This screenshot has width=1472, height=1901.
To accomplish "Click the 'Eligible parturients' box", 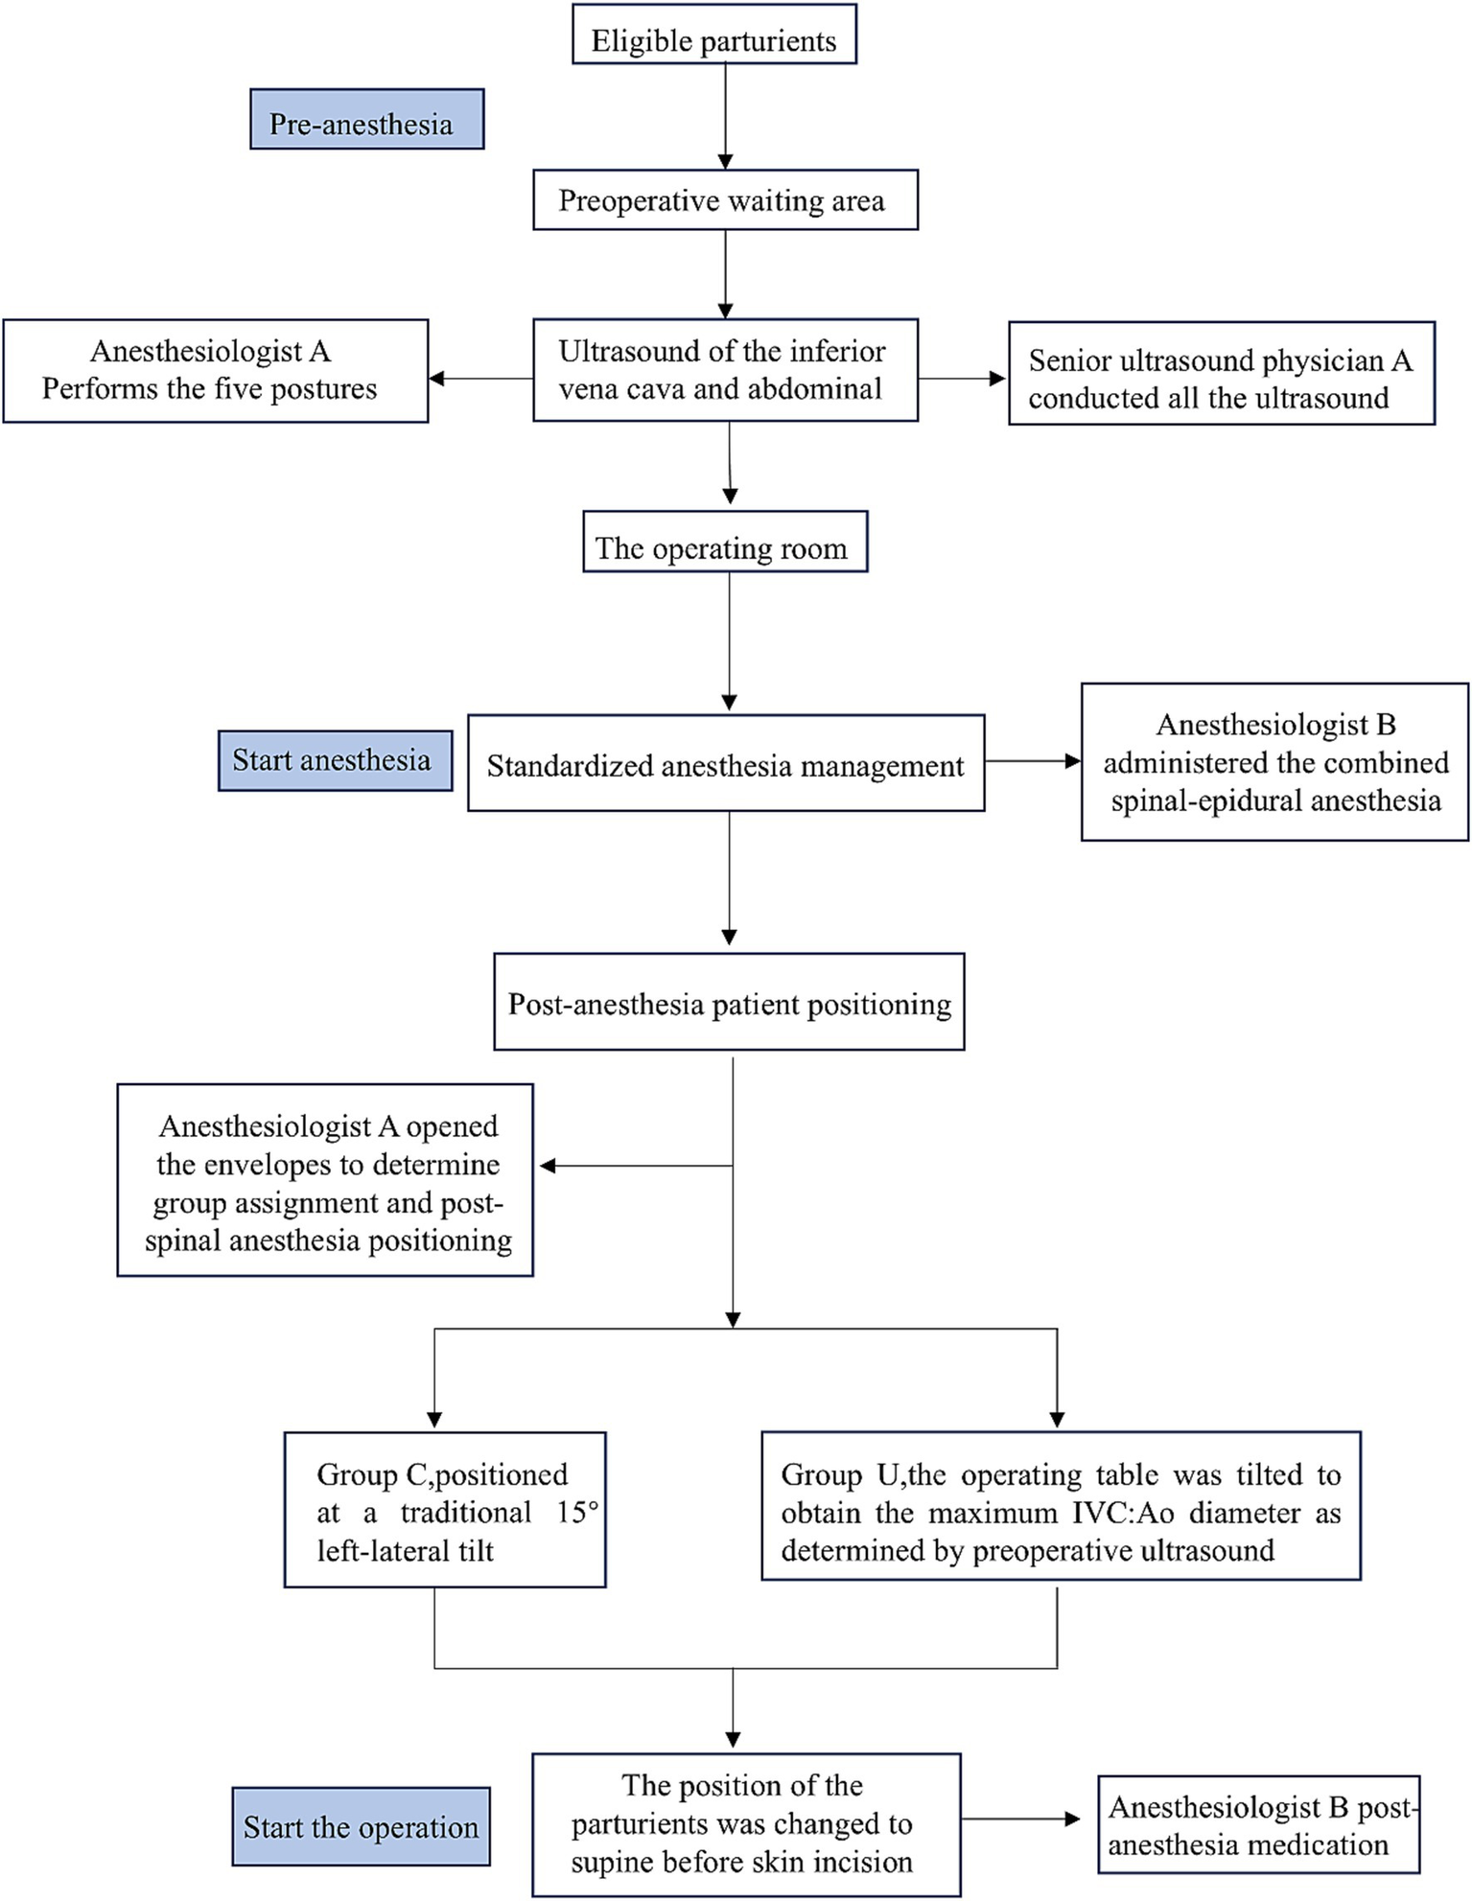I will coord(713,35).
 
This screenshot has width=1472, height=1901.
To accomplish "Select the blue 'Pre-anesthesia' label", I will coord(366,120).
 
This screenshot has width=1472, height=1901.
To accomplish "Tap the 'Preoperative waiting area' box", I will coord(725,200).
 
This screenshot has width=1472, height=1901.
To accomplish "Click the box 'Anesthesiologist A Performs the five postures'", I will coord(215,371).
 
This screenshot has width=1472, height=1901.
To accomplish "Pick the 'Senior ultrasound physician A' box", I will coord(1221,374).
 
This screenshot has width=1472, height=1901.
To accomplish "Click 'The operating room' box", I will coord(725,543).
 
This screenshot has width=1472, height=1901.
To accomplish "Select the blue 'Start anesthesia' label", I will coord(335,761).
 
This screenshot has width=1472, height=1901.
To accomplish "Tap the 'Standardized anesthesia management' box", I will coord(725,764).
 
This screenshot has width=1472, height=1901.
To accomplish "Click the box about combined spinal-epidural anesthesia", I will coord(1273,763).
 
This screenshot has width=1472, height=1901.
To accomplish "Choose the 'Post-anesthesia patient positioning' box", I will coord(729,1002).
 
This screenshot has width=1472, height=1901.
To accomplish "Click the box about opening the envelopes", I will coord(325,1181).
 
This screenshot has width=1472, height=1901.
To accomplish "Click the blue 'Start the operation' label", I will coord(361,1827).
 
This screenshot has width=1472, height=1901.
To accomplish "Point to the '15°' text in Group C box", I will coord(577,1513).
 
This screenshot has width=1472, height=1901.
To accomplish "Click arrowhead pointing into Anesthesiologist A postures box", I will coord(436,379).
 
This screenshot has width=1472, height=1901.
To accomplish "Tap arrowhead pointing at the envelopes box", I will coord(547,1167).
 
